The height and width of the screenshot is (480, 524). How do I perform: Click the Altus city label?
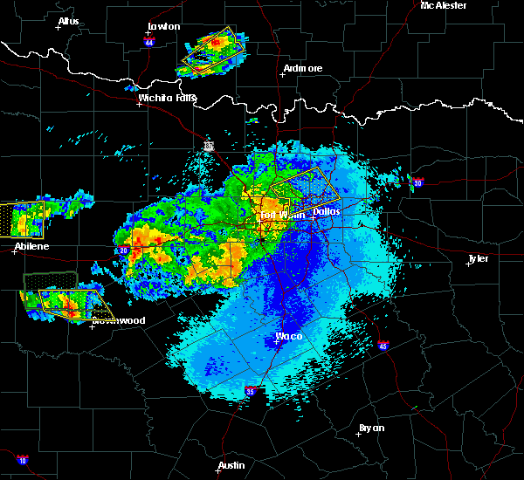point(68,21)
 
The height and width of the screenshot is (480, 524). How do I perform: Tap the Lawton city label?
point(163,26)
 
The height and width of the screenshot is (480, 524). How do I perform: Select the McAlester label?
point(444,5)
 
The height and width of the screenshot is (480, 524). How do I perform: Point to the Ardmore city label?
point(303,68)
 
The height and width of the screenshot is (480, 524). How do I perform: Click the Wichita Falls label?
point(167,98)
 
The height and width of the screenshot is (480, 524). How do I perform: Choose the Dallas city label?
point(326,211)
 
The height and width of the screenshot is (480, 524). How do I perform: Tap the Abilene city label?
point(31,247)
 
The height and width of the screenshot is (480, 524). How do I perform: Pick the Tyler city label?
point(479,258)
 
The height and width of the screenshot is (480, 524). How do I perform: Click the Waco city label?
point(289,336)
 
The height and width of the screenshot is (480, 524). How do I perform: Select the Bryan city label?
point(371,428)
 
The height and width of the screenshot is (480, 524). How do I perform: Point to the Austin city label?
point(231,465)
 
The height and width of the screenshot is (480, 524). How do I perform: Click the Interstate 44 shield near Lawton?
point(149,41)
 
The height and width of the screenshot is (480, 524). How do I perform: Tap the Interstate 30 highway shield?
point(417,182)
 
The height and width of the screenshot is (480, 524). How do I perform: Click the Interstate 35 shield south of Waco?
point(251,391)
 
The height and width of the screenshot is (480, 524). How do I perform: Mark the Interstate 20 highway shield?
point(124,250)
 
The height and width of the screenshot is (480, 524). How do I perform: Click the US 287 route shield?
point(209,146)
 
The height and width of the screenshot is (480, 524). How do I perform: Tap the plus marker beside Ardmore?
point(282,74)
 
